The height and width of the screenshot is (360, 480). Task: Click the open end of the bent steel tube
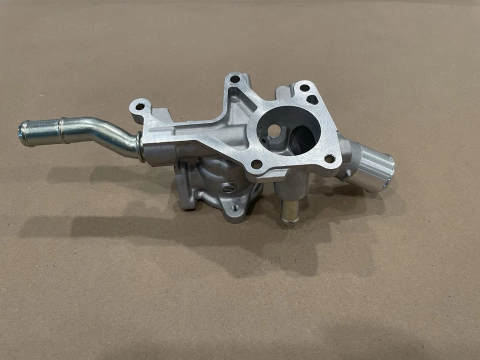point(23,133)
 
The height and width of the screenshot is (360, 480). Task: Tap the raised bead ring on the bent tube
point(61,129)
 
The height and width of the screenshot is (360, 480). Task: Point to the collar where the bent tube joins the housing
point(140,147)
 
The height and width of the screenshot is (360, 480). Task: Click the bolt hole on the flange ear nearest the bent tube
point(140,106)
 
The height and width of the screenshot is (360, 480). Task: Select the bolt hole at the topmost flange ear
point(234,79)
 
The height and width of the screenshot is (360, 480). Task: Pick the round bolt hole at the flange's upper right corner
point(303,88)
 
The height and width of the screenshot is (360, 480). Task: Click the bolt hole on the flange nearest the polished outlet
point(329,159)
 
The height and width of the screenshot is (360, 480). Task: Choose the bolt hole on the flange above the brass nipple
point(256,164)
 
